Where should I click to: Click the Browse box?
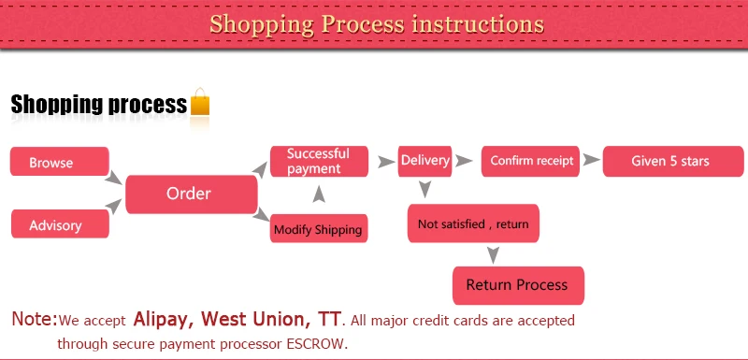coord(60,161)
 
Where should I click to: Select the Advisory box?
coord(60,223)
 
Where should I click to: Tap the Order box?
coord(192,194)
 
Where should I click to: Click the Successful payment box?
coord(319,161)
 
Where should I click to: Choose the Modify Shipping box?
coord(319,228)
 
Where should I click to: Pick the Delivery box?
coord(425,161)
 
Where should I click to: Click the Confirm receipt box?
coord(530,161)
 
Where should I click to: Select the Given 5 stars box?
coord(673,161)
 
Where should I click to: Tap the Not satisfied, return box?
coord(473,223)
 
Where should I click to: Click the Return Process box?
coord(518,285)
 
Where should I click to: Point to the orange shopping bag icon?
coord(200,101)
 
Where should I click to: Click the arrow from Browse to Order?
coord(113,178)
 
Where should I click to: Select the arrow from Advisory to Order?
coord(113,207)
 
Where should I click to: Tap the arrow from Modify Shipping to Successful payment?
coord(319,194)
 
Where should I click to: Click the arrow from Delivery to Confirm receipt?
coord(464,161)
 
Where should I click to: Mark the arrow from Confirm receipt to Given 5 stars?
coord(592,160)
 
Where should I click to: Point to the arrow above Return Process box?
coord(494,255)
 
